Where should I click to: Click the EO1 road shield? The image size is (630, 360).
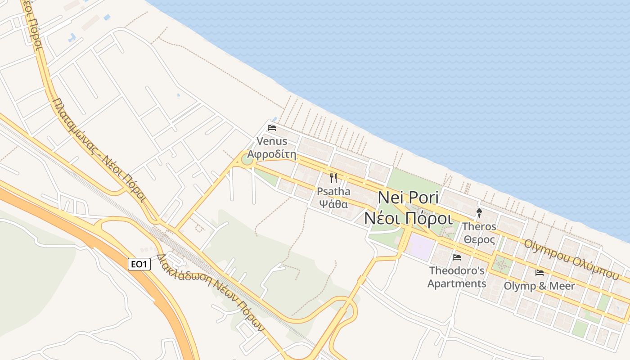pyautogui.click(x=139, y=264)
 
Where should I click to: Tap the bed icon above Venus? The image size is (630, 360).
pyautogui.click(x=271, y=128)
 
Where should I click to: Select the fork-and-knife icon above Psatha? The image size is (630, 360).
pyautogui.click(x=333, y=178)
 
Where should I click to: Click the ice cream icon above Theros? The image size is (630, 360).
pyautogui.click(x=479, y=213)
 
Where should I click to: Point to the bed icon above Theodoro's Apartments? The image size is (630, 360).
pyautogui.click(x=457, y=257)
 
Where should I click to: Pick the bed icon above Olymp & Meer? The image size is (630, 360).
pyautogui.click(x=539, y=273)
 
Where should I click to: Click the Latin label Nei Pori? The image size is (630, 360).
pyautogui.click(x=408, y=198)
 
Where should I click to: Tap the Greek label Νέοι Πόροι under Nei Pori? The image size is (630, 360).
pyautogui.click(x=408, y=219)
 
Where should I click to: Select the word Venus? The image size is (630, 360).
pyautogui.click(x=272, y=141)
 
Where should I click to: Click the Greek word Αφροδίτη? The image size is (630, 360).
pyautogui.click(x=272, y=155)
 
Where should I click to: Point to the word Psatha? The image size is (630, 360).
pyautogui.click(x=333, y=192)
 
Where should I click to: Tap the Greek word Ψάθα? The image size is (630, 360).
pyautogui.click(x=333, y=204)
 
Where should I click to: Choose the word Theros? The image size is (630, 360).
pyautogui.click(x=479, y=226)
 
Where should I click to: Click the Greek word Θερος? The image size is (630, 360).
pyautogui.click(x=479, y=239)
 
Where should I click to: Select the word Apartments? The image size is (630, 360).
pyautogui.click(x=457, y=284)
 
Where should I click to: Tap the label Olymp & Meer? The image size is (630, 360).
pyautogui.click(x=539, y=286)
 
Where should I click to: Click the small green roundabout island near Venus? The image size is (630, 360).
pyautogui.click(x=247, y=159)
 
